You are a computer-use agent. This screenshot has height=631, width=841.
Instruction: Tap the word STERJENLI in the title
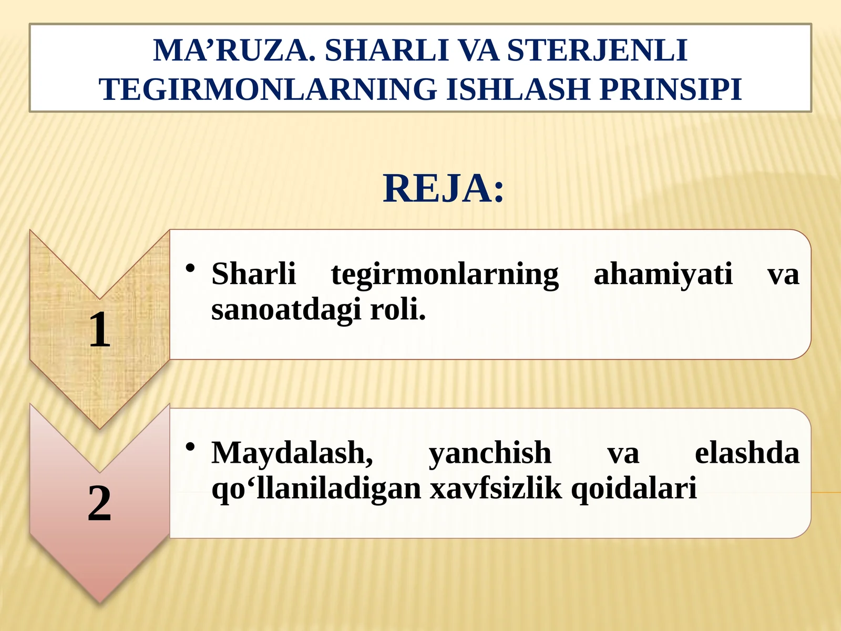click(x=597, y=50)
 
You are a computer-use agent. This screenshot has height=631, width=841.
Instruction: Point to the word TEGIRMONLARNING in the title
click(x=268, y=89)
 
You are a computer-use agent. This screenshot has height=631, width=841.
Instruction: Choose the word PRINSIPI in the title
click(x=670, y=89)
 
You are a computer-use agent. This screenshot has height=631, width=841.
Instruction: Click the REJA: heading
click(x=443, y=188)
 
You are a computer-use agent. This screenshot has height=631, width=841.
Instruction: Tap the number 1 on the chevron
click(x=99, y=330)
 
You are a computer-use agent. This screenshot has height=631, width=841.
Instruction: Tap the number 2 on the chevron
click(x=99, y=503)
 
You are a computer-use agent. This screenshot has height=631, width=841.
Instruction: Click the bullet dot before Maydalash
click(x=190, y=447)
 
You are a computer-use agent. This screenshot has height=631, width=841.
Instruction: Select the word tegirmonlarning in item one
click(x=445, y=274)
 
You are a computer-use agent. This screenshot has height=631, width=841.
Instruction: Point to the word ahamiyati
click(x=663, y=274)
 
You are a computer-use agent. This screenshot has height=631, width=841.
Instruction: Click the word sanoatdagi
click(x=286, y=309)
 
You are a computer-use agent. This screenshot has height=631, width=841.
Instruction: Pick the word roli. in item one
click(x=397, y=309)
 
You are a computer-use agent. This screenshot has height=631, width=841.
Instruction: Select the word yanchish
click(x=490, y=453)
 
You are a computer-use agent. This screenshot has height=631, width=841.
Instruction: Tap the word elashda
click(x=746, y=453)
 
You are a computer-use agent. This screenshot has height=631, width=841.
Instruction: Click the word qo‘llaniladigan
click(x=316, y=488)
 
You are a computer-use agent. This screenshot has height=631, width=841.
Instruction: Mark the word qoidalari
click(x=633, y=488)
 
